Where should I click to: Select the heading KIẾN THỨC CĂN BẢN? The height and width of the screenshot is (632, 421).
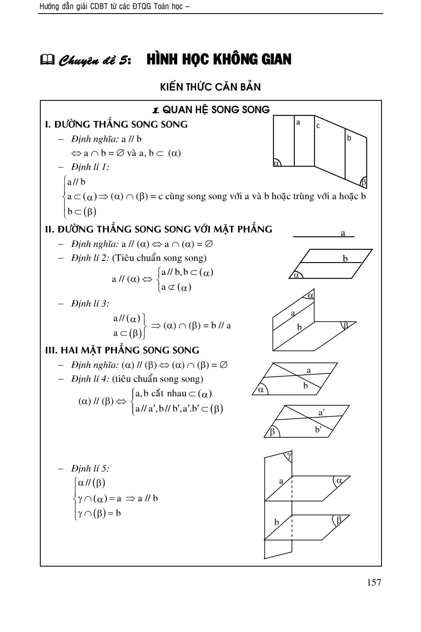[x=210, y=87]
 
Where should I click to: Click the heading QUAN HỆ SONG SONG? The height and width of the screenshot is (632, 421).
[x=211, y=110]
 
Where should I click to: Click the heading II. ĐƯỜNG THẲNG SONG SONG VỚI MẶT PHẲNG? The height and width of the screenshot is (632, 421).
[x=158, y=229]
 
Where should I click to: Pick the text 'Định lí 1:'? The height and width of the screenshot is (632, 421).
[x=90, y=167]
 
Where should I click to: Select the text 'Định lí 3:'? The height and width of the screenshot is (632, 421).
[x=90, y=304]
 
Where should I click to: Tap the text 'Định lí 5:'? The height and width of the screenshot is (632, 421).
[x=90, y=468]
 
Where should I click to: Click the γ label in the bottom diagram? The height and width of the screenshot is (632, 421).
[x=289, y=455]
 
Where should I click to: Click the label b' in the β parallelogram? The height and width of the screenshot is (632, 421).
[x=318, y=430]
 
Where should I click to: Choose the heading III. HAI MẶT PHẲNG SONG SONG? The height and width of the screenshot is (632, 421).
[x=122, y=350]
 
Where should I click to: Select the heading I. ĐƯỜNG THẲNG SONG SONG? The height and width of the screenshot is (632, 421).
[x=116, y=124]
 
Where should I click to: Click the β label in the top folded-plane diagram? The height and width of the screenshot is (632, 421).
[x=363, y=182]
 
